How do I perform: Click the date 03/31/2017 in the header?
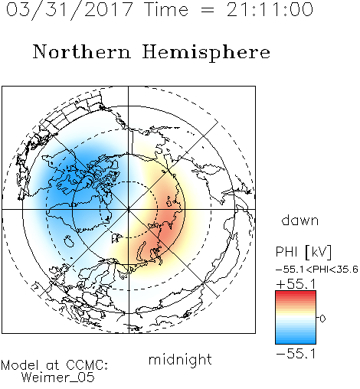pyautogui.click(x=70, y=10)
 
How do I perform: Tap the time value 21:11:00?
pyautogui.click(x=270, y=9)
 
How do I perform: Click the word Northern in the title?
pyautogui.click(x=81, y=52)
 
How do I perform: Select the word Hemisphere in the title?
pyautogui.click(x=206, y=53)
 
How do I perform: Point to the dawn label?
pyautogui.click(x=300, y=220)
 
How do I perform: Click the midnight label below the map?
pyautogui.click(x=180, y=359)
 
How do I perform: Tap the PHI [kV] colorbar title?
pyautogui.click(x=303, y=252)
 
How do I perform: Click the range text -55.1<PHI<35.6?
pyautogui.click(x=317, y=270)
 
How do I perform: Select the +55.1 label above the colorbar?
pyautogui.click(x=296, y=284)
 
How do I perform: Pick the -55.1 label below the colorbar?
pyautogui.click(x=296, y=354)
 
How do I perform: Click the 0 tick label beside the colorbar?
pyautogui.click(x=322, y=319)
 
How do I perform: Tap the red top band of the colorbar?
pyautogui.click(x=296, y=293)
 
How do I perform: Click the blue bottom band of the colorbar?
pyautogui.click(x=296, y=342)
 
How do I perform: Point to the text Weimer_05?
pyautogui.click(x=58, y=378)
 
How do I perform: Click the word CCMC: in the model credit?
pyautogui.click(x=87, y=365)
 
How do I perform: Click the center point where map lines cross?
pyautogui.click(x=129, y=209)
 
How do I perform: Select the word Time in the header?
pyautogui.click(x=166, y=9)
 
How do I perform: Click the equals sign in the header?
pyautogui.click(x=208, y=10)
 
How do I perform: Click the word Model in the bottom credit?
pyautogui.click(x=20, y=365)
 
